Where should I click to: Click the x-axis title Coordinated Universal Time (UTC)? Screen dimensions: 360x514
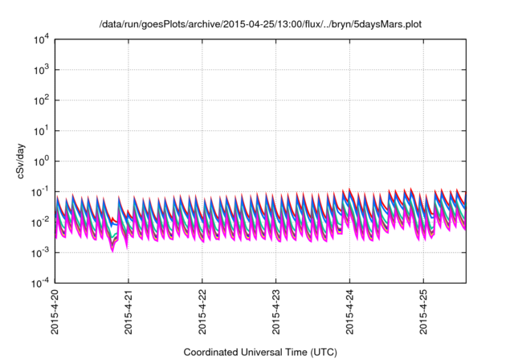(260, 352)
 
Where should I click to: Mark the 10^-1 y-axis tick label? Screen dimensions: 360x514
(39, 191)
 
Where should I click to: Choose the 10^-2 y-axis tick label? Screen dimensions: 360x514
(39, 222)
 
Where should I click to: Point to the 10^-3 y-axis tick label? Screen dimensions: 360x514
(39, 252)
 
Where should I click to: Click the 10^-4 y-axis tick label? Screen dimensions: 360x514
(39, 283)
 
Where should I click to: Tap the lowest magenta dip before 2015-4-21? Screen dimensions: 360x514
(112, 250)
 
